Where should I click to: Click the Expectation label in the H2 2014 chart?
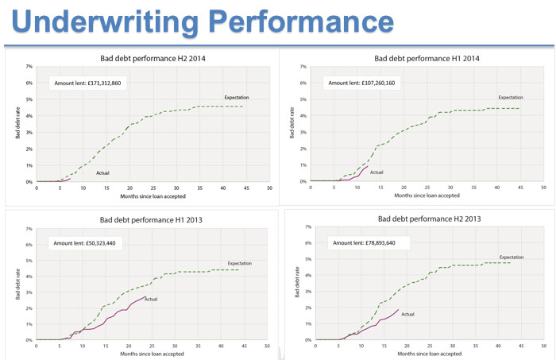(237, 97)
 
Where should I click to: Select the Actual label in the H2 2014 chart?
(103, 172)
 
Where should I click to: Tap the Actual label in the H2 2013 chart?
(407, 314)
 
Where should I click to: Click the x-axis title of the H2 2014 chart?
(152, 195)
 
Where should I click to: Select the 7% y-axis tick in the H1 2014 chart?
(302, 67)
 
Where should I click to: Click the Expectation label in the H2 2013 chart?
(512, 257)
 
